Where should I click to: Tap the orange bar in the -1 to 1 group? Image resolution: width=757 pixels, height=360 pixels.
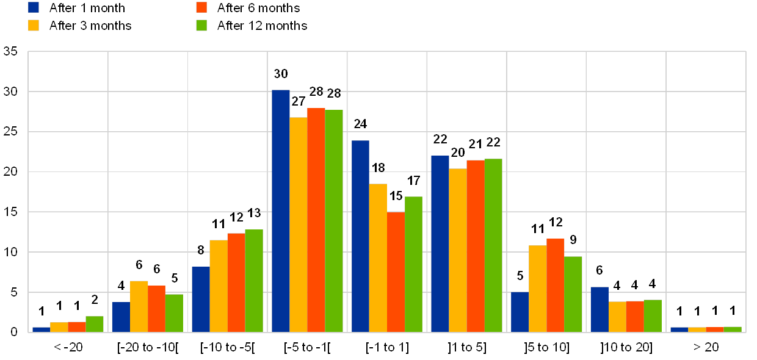[x=396, y=272]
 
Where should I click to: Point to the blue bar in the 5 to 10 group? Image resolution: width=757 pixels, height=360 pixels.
[x=520, y=312]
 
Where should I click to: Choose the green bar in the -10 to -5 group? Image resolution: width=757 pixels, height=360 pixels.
[x=254, y=281]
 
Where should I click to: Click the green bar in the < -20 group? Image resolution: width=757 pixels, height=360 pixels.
[x=95, y=324]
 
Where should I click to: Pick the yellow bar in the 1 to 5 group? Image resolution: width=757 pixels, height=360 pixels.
[x=458, y=250]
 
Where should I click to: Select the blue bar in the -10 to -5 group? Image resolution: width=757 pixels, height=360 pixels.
[x=201, y=299]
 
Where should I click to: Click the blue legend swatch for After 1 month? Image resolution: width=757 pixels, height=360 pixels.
[x=34, y=7]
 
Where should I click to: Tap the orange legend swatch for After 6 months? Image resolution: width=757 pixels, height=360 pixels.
[x=202, y=7]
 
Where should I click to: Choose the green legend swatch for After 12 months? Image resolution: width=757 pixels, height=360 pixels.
[x=202, y=25]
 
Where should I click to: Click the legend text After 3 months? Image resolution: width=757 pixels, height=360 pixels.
[x=90, y=25]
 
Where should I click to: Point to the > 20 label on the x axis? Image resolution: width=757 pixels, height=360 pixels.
[x=705, y=347]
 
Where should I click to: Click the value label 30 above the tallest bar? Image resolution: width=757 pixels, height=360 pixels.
[x=281, y=74]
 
